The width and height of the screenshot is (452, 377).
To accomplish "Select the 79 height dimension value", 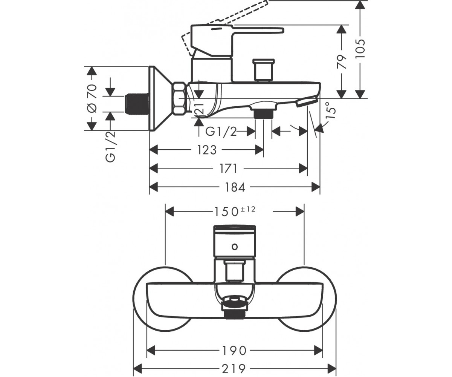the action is click(342, 62).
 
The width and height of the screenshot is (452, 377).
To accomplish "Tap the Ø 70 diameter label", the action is click(92, 98).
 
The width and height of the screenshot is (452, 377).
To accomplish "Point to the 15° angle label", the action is click(331, 110).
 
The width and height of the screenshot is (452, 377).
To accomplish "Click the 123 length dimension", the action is click(207, 150).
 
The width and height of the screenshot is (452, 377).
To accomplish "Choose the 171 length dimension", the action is click(228, 169).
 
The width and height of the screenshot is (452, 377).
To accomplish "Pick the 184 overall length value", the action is click(235, 187).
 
